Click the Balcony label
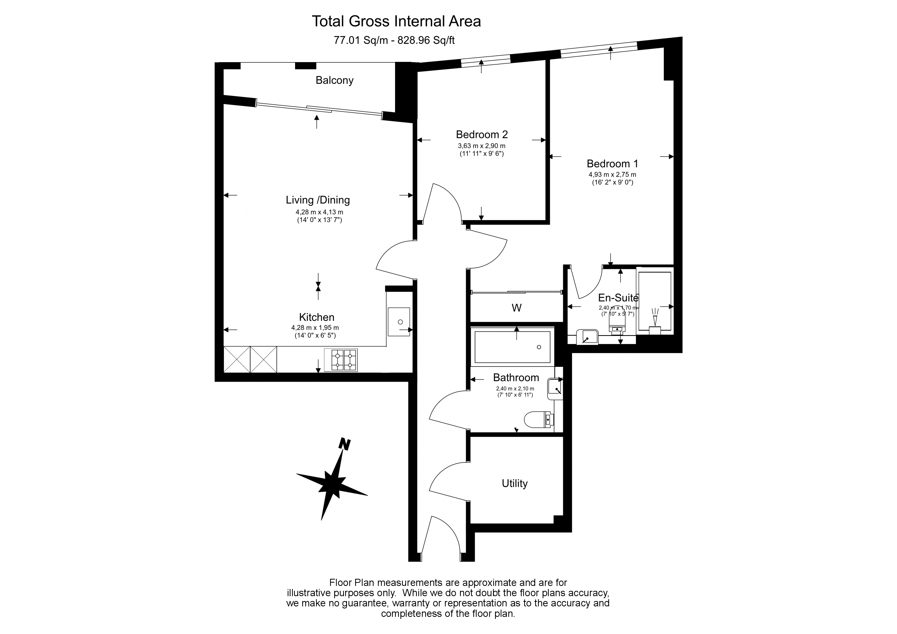coord(334,81)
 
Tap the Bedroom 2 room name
coord(482,135)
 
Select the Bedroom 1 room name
coord(612,164)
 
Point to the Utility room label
coord(514,484)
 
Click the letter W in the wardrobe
coord(517,308)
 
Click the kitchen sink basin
coord(399,322)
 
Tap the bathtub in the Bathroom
coord(512,346)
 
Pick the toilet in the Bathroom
coord(538,420)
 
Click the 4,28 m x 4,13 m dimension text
coord(319,212)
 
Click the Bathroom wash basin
coord(555,388)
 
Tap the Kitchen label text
coord(317,317)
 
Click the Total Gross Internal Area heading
coord(396,21)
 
